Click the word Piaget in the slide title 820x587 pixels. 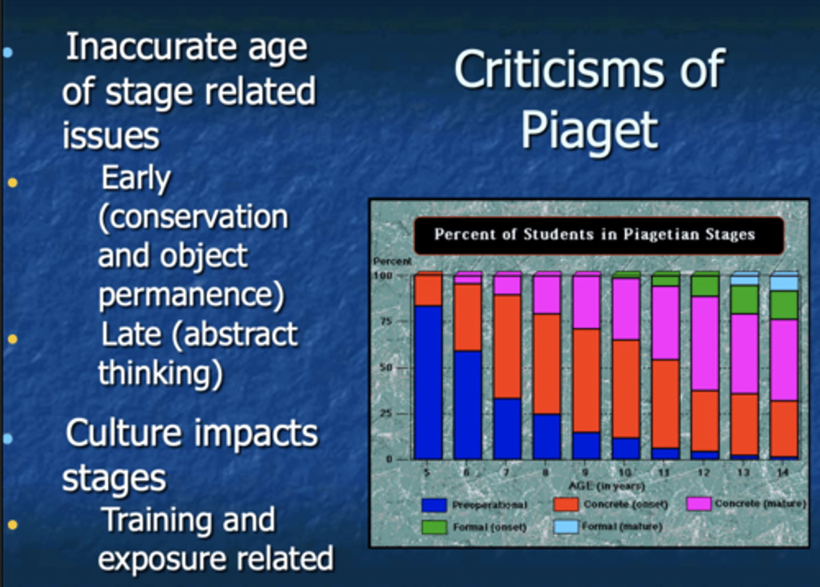(x=589, y=130)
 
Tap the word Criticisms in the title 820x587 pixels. (x=559, y=69)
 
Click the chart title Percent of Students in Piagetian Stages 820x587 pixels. (x=594, y=235)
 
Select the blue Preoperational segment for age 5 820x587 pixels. (x=428, y=381)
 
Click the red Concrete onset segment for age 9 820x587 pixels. (x=587, y=380)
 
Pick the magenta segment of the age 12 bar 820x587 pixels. (x=705, y=343)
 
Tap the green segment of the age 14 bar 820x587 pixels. (x=784, y=305)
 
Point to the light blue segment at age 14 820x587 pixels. (x=784, y=283)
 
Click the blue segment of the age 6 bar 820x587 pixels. (x=468, y=404)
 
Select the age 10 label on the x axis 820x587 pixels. (x=625, y=472)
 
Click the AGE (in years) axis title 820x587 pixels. (x=606, y=486)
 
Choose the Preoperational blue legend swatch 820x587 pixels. (x=434, y=505)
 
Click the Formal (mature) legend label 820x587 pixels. (x=622, y=527)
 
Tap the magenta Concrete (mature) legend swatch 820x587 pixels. (x=699, y=504)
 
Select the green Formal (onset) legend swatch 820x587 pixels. (x=434, y=527)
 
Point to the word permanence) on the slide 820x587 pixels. (x=191, y=294)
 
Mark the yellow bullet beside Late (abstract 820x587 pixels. (x=13, y=339)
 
